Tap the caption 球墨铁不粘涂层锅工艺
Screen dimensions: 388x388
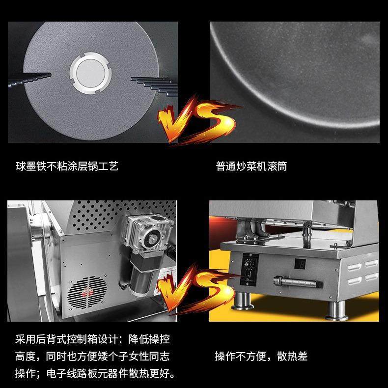(67, 166)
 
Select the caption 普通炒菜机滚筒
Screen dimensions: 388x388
(251, 166)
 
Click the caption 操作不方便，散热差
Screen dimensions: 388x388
(261, 356)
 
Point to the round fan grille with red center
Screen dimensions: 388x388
(87, 295)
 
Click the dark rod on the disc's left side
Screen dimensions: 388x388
(29, 78)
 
